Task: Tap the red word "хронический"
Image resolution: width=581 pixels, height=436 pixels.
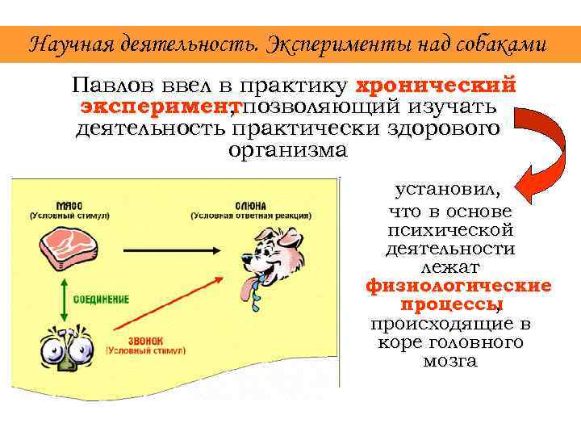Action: coord(436,86)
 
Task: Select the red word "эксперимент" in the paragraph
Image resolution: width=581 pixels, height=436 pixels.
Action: coord(153,107)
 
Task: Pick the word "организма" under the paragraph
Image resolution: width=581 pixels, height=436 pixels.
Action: coord(287,150)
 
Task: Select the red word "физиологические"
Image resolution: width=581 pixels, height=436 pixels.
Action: coord(458,286)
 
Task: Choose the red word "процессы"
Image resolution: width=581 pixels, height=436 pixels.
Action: coord(449,305)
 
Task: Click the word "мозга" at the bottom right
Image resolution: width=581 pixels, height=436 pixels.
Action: coord(449,361)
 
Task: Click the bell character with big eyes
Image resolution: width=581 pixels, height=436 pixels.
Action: coord(56,351)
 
